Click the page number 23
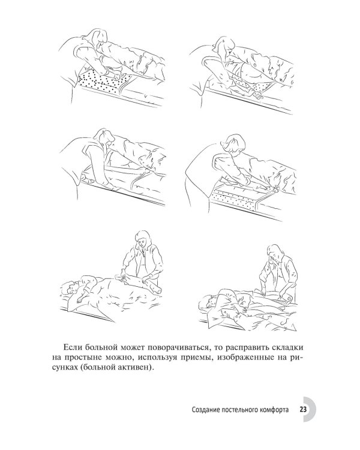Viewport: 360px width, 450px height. (x=303, y=409)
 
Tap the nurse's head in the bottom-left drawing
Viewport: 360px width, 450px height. (x=145, y=239)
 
